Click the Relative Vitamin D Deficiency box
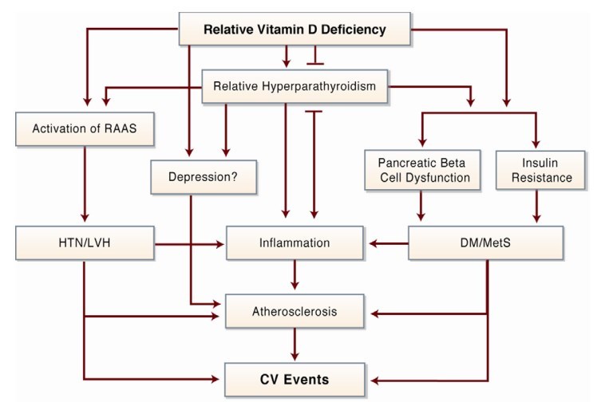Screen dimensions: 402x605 (295, 30)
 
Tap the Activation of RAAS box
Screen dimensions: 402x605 (83, 129)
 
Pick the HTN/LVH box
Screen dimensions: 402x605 (83, 242)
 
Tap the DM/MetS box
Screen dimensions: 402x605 (486, 242)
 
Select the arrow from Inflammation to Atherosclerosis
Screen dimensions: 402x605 (295, 275)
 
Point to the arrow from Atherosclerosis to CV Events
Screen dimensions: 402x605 (295, 345)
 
